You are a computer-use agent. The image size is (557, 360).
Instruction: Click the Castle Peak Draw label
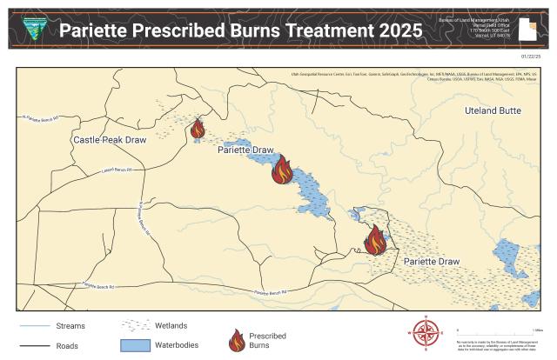coord(109,140)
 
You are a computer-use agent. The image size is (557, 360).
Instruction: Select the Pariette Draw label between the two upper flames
coord(245,150)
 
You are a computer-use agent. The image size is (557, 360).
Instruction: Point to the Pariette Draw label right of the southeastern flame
coord(431,261)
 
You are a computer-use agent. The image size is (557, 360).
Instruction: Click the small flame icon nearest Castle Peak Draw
coord(198,130)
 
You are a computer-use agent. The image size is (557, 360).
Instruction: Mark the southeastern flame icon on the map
coord(375,240)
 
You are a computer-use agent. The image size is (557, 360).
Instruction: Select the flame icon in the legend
coord(235,340)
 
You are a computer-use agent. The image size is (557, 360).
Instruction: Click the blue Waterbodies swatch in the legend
coord(142,345)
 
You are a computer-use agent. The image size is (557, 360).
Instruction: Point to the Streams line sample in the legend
coord(32,327)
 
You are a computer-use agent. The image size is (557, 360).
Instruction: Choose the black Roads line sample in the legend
coord(32,345)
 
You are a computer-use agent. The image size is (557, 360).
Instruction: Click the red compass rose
coord(426,332)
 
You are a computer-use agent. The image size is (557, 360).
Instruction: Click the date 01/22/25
coord(530,56)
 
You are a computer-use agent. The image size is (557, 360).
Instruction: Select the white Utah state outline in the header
coord(527,29)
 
